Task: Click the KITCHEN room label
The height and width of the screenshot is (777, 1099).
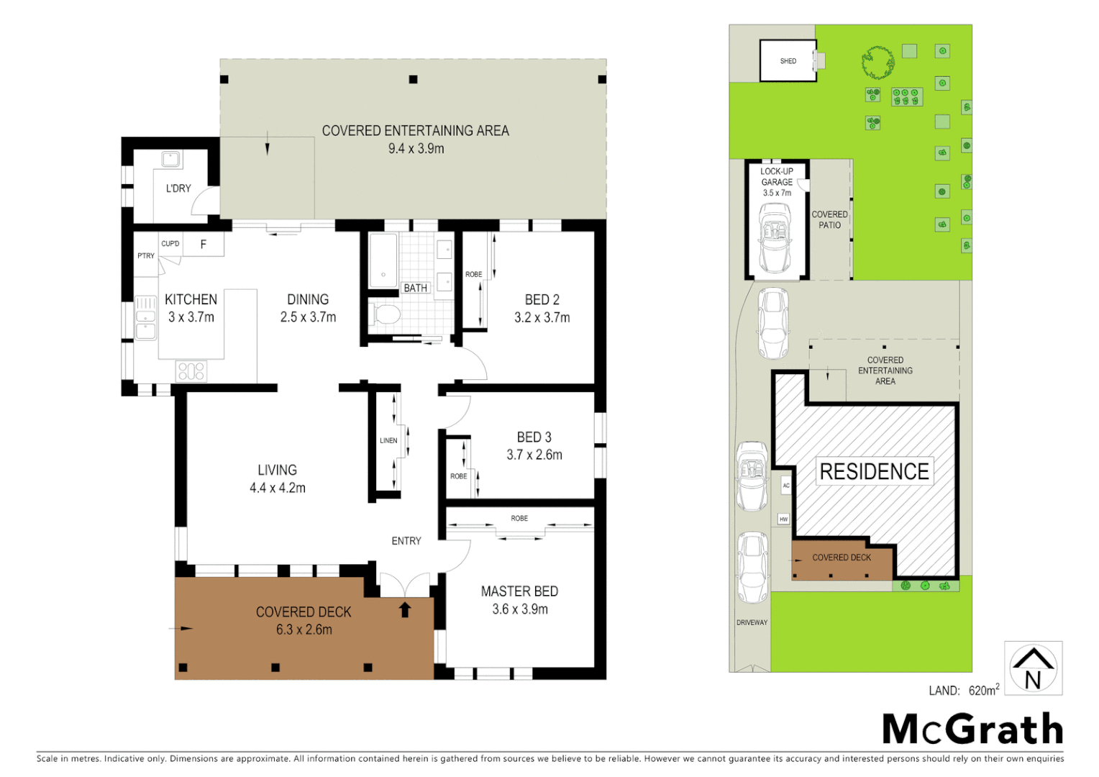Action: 191,300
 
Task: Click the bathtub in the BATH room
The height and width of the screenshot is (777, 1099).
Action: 383,260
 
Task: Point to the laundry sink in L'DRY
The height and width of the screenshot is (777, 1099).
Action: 170,158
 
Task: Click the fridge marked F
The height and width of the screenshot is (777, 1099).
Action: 204,245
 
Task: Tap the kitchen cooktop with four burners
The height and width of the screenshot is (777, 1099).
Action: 191,371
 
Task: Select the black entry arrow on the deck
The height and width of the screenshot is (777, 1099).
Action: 405,610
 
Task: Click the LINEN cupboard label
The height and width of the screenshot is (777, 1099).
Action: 388,440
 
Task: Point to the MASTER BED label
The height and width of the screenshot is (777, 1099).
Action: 519,591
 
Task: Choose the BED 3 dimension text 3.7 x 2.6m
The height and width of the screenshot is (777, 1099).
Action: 534,455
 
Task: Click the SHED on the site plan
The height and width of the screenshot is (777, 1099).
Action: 788,61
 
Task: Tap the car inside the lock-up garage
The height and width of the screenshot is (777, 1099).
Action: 775,237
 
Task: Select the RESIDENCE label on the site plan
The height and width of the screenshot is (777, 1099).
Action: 874,472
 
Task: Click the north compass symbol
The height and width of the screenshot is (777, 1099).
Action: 1033,668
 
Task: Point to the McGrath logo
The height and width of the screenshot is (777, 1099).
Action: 972,730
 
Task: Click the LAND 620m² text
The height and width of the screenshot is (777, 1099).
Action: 964,691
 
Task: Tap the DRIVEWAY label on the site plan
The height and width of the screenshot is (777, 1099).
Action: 752,622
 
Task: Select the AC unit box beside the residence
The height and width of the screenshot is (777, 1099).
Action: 785,486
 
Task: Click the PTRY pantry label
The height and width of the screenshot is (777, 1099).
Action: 146,255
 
